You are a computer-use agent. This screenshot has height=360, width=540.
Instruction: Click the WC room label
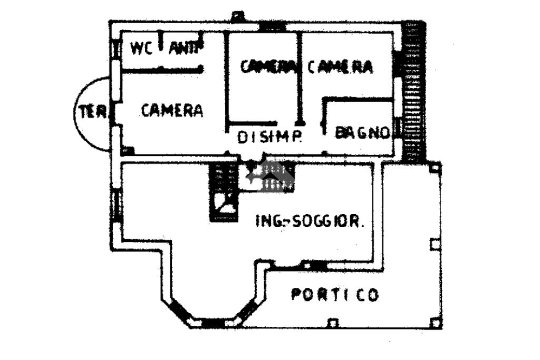click(141, 48)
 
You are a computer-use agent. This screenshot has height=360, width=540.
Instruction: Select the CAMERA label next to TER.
click(172, 110)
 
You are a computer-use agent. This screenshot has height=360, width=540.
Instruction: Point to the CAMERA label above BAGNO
click(340, 67)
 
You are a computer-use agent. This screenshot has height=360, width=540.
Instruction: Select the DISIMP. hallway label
click(269, 137)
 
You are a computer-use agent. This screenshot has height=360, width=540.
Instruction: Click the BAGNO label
click(362, 132)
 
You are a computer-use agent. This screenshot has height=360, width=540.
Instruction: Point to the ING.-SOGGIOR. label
click(310, 221)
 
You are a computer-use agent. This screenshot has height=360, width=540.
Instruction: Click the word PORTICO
click(335, 294)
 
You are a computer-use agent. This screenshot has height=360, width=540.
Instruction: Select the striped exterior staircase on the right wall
click(412, 92)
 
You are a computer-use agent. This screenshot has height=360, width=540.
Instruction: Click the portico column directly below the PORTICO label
click(332, 322)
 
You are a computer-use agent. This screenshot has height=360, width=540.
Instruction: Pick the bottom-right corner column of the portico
click(434, 322)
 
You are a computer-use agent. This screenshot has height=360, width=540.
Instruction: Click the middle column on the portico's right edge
click(434, 244)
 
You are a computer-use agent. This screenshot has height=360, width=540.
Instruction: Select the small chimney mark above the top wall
click(237, 15)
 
